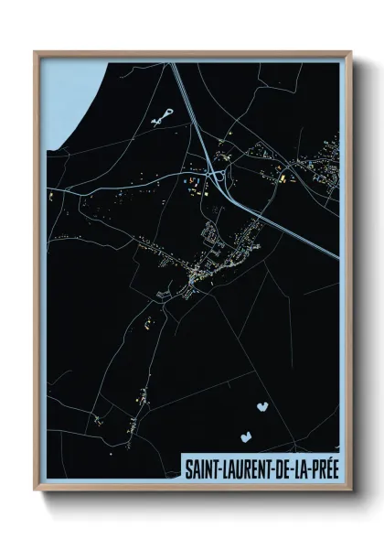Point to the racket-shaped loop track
point(163,114)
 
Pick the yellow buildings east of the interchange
point(283,175)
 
